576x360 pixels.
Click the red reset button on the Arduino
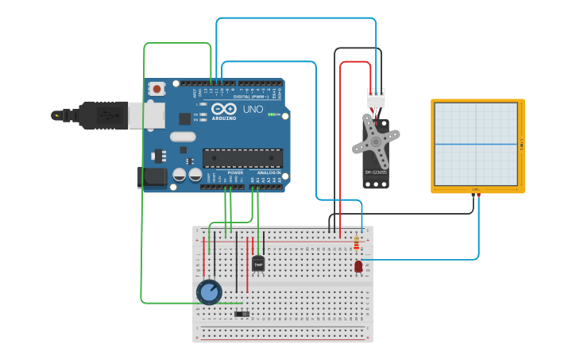click(x=157, y=89)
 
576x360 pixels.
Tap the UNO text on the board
click(x=253, y=109)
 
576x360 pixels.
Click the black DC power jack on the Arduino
click(x=151, y=177)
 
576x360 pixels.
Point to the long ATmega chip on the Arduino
click(x=242, y=158)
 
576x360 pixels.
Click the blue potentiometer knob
click(x=209, y=292)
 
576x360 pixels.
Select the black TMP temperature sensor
click(x=258, y=264)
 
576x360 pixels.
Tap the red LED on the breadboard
click(x=358, y=267)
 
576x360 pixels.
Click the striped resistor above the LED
click(x=356, y=243)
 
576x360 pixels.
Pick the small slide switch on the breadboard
click(x=243, y=314)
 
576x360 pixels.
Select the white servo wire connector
click(x=376, y=98)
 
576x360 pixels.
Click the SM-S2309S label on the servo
click(x=375, y=172)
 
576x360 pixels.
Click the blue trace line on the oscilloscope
click(x=477, y=144)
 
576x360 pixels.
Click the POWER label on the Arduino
click(x=235, y=172)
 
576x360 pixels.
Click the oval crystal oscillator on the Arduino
click(x=182, y=137)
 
